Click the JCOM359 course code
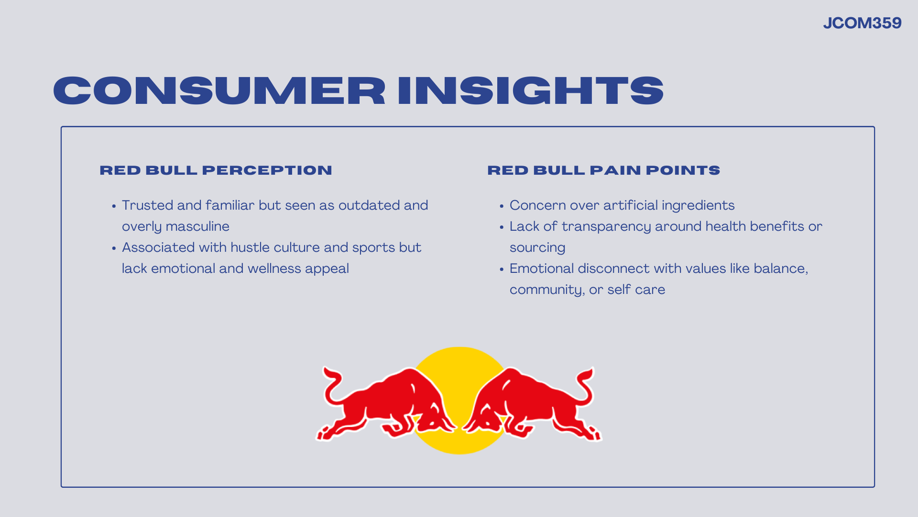tap(862, 23)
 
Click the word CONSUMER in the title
tap(219, 90)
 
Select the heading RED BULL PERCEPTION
tap(216, 170)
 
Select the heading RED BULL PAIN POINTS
tap(603, 170)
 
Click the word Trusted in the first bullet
tap(147, 205)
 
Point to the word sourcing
tap(537, 248)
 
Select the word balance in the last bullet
tap(781, 269)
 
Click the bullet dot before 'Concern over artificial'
tap(502, 207)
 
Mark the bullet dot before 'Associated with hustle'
tap(114, 249)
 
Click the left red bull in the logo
tap(387, 405)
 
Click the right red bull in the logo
tap(531, 405)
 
